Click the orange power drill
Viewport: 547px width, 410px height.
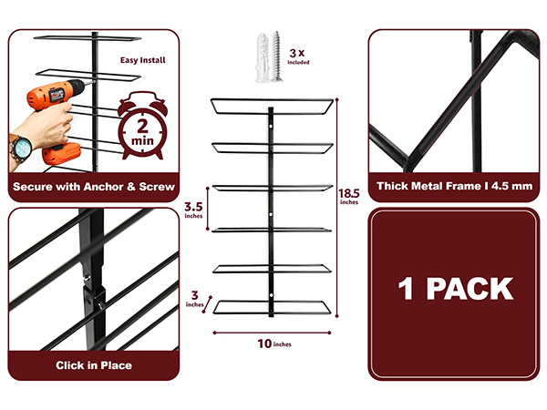tap(56, 105)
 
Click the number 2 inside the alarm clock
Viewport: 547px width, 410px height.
tap(142, 127)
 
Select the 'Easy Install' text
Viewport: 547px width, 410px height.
tap(143, 60)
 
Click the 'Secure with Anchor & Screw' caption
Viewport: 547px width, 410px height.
tap(94, 187)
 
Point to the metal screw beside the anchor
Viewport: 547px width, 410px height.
tap(276, 56)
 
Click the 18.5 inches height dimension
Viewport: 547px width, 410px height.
tap(349, 196)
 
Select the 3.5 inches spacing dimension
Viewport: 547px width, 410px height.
tap(193, 210)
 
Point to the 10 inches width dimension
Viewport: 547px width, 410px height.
tap(274, 343)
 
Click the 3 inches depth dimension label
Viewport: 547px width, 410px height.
tap(194, 299)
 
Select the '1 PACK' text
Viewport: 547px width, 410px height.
tap(456, 289)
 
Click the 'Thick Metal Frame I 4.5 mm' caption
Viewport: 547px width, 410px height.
tap(454, 186)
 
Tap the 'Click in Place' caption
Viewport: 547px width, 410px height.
tap(94, 365)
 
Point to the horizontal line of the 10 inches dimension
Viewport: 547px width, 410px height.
tap(272, 333)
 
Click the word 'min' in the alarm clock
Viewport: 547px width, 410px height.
tap(142, 141)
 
